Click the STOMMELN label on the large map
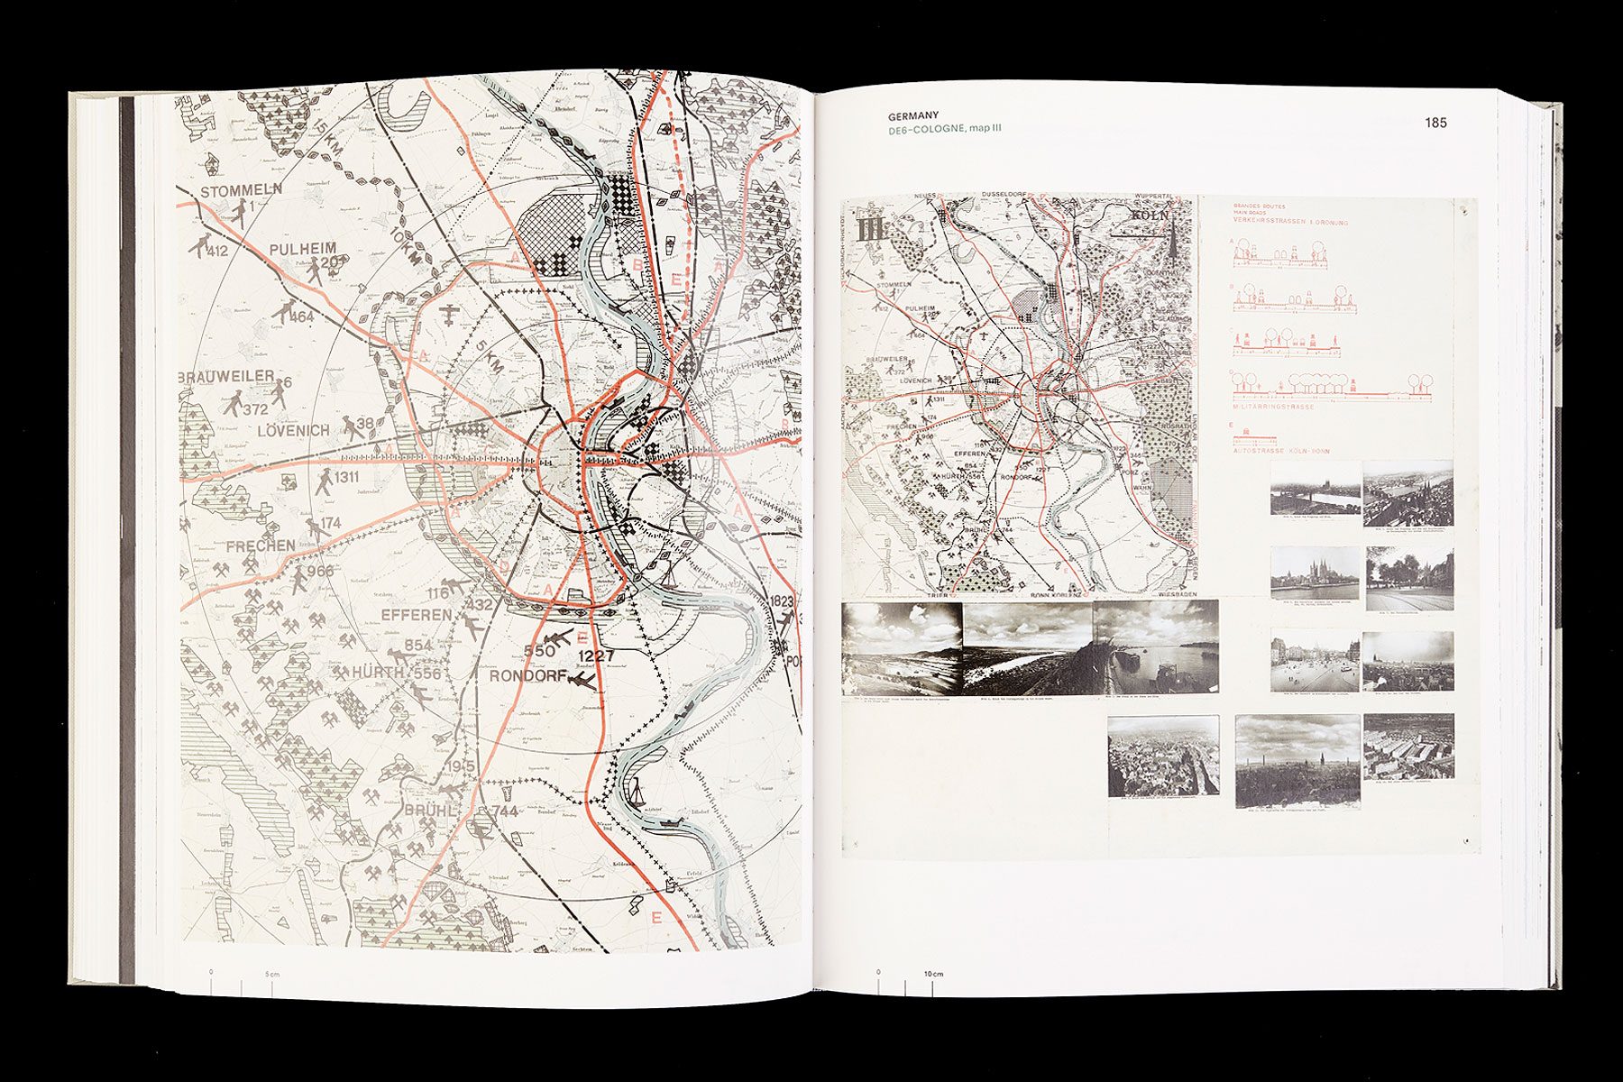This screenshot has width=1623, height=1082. coord(241,190)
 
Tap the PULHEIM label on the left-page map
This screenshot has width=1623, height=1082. coord(302,249)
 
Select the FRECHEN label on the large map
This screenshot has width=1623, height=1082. coord(261,546)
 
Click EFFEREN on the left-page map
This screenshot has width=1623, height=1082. coord(416,615)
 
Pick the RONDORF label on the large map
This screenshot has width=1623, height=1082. coord(528,675)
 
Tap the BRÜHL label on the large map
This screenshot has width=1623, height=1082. coord(431,810)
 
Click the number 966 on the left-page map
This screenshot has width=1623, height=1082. coord(320,571)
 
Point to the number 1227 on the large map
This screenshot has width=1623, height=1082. coord(595,656)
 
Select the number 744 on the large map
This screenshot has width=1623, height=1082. coord(505,811)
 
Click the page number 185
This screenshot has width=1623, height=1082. coord(1435,123)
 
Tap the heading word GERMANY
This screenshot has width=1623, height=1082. coord(912,116)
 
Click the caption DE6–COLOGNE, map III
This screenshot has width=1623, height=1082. coord(944,129)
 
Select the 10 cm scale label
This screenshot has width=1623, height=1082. coord(933,975)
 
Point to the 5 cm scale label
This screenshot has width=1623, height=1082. coord(272,974)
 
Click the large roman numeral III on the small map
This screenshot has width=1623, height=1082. coord(873,227)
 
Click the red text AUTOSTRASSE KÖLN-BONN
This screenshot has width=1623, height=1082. coord(1288,451)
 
